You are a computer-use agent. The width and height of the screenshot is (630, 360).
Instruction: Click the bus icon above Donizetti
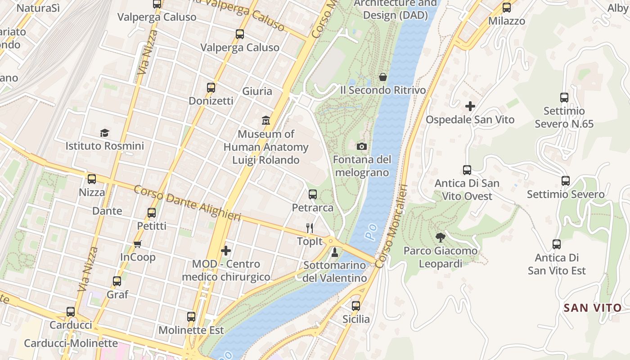(211, 88)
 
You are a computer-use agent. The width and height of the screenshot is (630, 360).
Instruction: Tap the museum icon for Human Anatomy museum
(266, 121)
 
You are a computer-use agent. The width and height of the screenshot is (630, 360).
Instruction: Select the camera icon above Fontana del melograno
(361, 146)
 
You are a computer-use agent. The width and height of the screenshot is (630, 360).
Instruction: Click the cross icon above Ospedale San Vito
(470, 106)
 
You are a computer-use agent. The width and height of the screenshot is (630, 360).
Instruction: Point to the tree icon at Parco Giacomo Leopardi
(441, 237)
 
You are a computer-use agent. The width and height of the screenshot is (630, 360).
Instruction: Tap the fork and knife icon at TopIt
(309, 228)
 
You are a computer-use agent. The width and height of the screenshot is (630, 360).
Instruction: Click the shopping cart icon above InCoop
(138, 244)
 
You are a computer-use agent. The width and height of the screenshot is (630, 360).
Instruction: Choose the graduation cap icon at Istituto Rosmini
(104, 133)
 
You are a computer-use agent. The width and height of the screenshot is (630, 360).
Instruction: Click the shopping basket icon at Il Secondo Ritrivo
(383, 77)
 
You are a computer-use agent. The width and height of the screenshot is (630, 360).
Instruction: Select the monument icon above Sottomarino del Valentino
(334, 252)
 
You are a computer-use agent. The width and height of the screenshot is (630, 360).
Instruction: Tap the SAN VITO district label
(593, 308)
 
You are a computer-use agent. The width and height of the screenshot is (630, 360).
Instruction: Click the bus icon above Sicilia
(356, 306)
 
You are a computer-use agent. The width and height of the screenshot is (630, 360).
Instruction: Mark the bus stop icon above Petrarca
(313, 194)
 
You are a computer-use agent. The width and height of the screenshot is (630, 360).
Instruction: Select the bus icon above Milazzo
(507, 8)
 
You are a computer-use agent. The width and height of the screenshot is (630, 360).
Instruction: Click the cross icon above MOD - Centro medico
(226, 250)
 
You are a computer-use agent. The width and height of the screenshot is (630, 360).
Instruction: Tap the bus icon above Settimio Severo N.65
(564, 97)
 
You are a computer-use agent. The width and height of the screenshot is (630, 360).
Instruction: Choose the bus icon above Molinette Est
(191, 317)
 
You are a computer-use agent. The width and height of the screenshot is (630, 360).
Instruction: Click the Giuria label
(257, 91)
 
